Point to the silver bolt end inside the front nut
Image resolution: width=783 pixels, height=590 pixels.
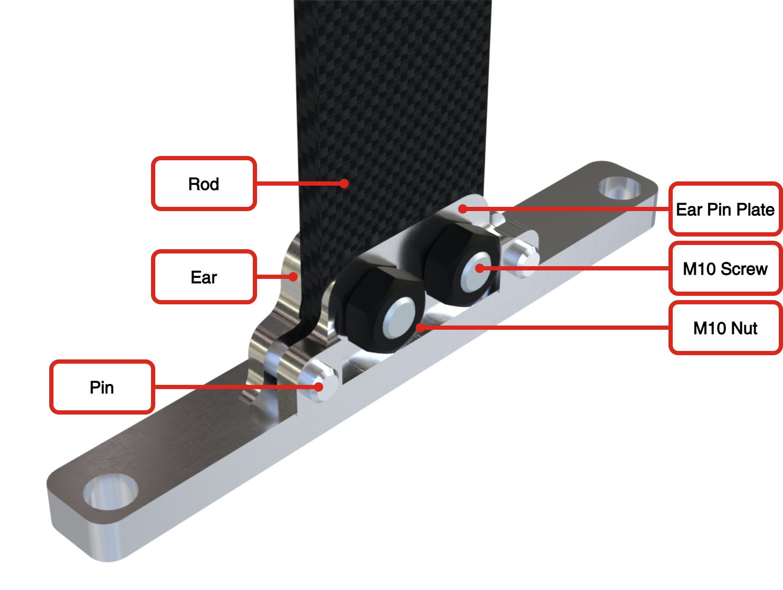(399, 318)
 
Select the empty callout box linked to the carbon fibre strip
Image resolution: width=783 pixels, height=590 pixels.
(204, 184)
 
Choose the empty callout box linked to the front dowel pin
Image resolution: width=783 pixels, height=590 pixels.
(102, 387)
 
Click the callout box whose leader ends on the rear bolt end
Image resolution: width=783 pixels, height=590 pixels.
(725, 268)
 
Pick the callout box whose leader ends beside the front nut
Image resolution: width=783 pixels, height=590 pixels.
(725, 328)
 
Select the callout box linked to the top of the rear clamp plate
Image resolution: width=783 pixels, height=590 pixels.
(725, 209)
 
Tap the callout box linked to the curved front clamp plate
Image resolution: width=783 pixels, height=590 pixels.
(204, 277)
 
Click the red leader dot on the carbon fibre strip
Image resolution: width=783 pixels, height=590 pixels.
(344, 184)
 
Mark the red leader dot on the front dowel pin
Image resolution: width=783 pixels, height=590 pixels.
(319, 387)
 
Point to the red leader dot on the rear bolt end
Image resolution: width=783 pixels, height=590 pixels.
(480, 268)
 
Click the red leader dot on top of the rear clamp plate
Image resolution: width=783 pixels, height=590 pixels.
(463, 209)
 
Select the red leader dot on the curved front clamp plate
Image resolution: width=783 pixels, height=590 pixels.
(293, 277)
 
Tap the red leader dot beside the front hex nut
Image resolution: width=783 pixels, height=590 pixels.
(420, 328)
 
